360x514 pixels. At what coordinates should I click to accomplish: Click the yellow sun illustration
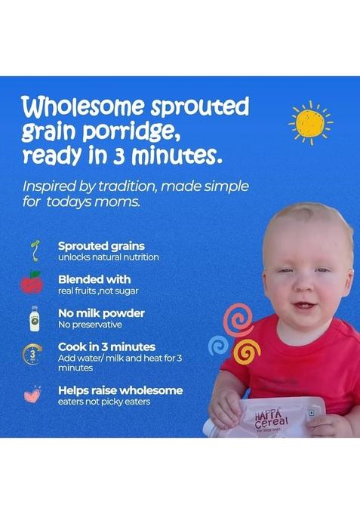tap(310, 123)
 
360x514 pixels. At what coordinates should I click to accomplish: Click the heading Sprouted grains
tap(101, 245)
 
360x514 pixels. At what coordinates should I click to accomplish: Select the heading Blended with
tap(94, 279)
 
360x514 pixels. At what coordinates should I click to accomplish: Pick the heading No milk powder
tap(101, 312)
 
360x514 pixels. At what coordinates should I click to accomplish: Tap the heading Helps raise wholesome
tap(120, 390)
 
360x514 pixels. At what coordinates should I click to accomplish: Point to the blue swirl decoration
tap(219, 344)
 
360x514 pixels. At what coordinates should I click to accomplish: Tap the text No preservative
tap(90, 325)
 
